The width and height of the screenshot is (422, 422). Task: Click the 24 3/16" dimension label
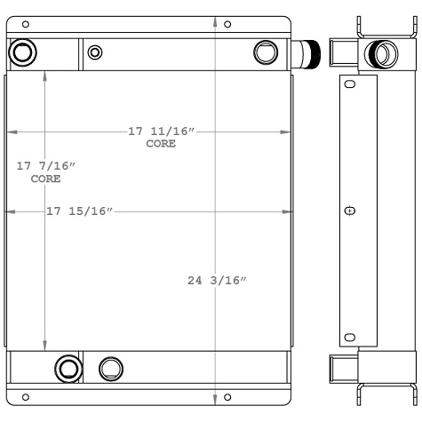[x=217, y=281]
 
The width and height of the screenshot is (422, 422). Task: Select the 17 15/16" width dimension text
[x=81, y=211]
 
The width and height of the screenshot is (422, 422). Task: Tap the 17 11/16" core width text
[x=161, y=131]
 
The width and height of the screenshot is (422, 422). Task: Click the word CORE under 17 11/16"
[x=161, y=144]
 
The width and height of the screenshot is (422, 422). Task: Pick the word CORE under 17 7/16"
[x=45, y=179]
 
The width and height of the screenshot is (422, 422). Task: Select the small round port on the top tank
[x=95, y=52]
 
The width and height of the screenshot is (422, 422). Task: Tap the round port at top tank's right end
[x=265, y=53]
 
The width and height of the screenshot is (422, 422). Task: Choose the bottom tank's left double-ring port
[x=68, y=367]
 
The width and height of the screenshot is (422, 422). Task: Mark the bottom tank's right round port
[x=110, y=367]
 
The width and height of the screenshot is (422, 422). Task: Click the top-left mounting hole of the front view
[x=25, y=23]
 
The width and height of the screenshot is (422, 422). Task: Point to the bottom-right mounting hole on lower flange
[x=227, y=396]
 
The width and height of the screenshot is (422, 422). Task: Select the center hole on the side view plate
[x=349, y=211]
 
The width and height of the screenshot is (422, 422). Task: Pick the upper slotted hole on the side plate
[x=349, y=84]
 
